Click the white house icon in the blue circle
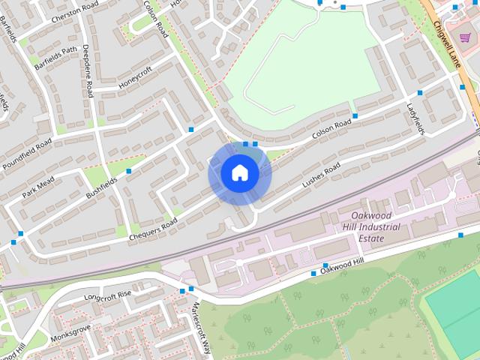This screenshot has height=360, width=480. tap(240, 173)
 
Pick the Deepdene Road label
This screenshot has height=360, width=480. tap(88, 70)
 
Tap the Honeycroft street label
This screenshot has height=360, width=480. tap(135, 77)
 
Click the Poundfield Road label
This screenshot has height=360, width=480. tap(26, 154)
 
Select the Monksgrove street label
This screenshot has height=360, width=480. tap(70, 334)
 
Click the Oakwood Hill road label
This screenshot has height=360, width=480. tap(341, 265)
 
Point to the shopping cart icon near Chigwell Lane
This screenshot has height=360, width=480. tap(465, 37)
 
